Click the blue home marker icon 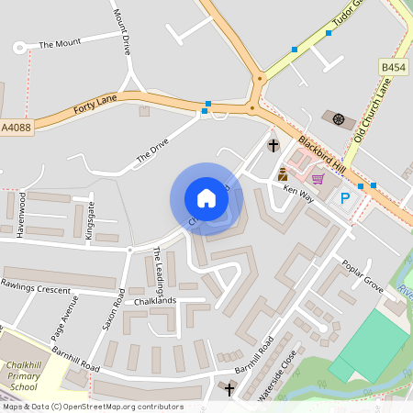(x=206, y=198)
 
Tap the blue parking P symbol (x=346, y=198)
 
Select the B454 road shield (x=393, y=68)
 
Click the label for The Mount (x=60, y=43)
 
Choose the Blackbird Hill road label (x=326, y=155)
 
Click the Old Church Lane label (x=372, y=109)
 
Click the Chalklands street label (x=153, y=300)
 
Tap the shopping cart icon (x=318, y=179)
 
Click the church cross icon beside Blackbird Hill (x=273, y=145)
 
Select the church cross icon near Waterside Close (x=229, y=390)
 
